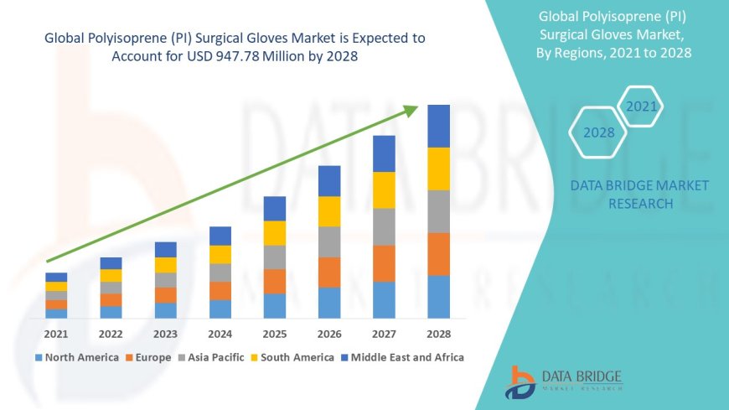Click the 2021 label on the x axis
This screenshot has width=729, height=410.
point(56,334)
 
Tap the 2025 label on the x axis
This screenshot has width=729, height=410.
point(275,334)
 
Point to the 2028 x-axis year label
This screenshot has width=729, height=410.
point(438,334)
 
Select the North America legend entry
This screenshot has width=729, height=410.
point(76,357)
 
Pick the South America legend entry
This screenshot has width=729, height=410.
point(292,357)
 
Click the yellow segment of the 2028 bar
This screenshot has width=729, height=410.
point(438,169)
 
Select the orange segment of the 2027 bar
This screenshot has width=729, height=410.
point(384,263)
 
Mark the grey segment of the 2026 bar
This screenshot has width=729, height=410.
point(329,241)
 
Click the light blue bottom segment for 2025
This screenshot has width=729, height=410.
point(275,305)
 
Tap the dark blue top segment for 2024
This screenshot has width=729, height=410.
point(220,236)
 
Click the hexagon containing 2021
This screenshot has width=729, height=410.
point(642,106)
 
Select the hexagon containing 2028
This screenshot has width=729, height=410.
point(598,132)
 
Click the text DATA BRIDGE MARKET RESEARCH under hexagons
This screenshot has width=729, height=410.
point(639,195)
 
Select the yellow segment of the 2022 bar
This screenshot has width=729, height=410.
point(111,275)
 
